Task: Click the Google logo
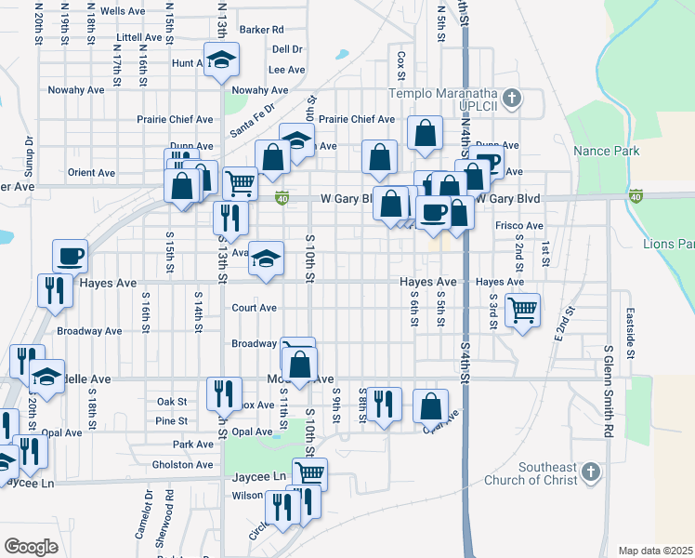click(x=31, y=546)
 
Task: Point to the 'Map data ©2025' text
click(x=655, y=551)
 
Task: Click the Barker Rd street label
click(x=261, y=30)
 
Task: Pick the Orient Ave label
click(x=91, y=173)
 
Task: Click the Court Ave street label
click(x=254, y=308)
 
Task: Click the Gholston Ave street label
click(x=182, y=464)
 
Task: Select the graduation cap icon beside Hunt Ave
click(x=221, y=60)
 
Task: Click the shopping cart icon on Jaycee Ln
click(x=309, y=472)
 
